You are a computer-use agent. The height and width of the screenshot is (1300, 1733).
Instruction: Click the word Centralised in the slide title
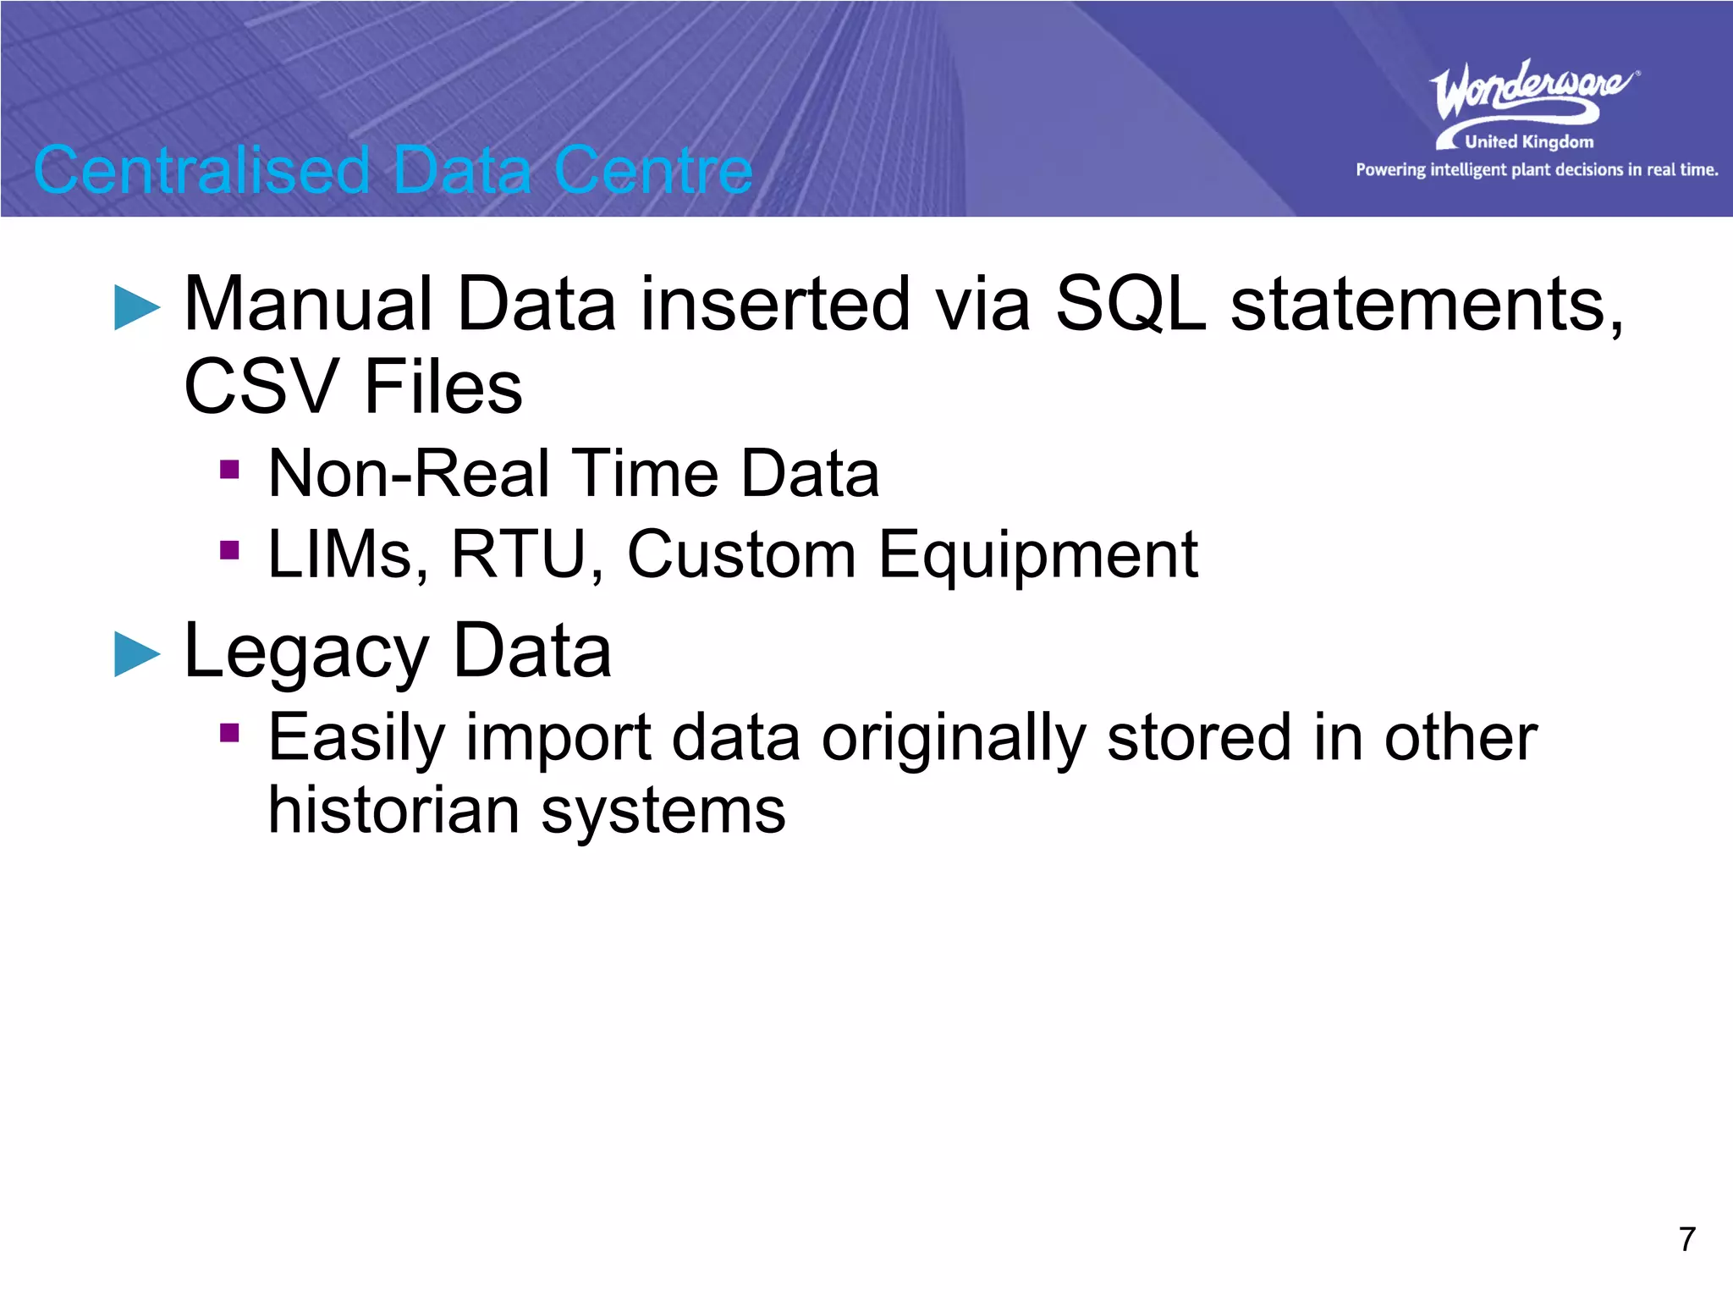[x=201, y=170]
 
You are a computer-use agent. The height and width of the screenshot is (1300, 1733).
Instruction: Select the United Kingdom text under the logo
[x=1528, y=142]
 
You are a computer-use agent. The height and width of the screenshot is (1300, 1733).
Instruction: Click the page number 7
[x=1686, y=1239]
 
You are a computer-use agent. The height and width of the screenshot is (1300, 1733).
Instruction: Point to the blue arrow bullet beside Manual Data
[x=137, y=307]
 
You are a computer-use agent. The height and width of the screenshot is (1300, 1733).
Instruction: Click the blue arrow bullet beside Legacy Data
[x=137, y=654]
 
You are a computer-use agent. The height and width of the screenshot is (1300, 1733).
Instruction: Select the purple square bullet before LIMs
[x=229, y=551]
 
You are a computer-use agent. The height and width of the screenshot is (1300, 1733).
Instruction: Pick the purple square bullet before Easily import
[x=229, y=732]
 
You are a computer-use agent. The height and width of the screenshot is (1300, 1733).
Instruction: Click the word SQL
[x=1131, y=304]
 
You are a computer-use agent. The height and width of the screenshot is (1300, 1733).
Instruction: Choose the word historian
[x=393, y=811]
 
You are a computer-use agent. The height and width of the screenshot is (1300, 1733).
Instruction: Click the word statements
[x=1426, y=305]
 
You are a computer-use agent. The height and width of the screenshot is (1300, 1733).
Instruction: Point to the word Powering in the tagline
[x=1389, y=170]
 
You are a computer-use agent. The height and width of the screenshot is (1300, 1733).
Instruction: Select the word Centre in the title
[x=652, y=170]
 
